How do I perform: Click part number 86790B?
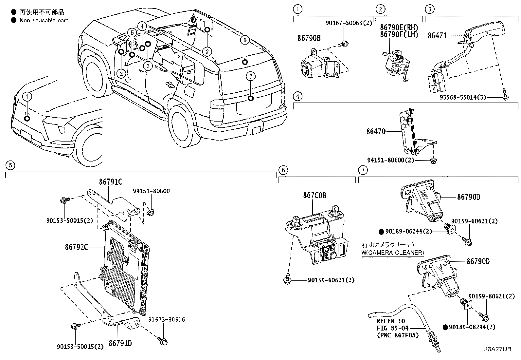(x=309, y=38)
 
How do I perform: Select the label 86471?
(x=437, y=35)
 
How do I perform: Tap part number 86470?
(x=376, y=132)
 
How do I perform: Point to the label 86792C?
(x=76, y=247)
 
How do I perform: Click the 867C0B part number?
(x=314, y=196)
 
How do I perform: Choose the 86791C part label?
(x=111, y=182)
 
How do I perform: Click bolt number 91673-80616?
(x=166, y=319)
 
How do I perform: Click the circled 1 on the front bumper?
(x=27, y=96)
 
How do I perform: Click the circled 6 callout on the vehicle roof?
(x=244, y=40)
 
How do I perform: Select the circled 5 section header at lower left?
(x=10, y=165)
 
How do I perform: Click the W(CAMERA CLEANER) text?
(x=393, y=253)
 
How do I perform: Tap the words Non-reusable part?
(x=44, y=20)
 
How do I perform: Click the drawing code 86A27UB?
(x=497, y=349)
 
